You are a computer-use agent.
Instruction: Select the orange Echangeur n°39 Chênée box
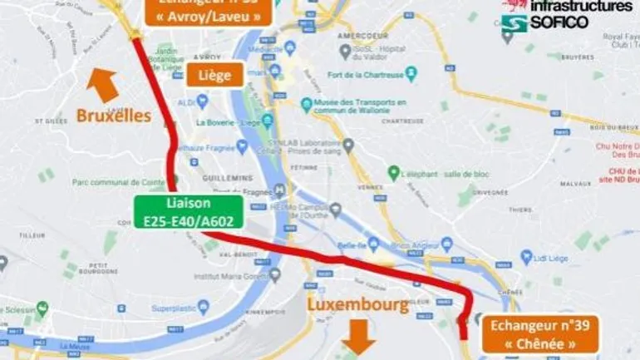pos(539,332)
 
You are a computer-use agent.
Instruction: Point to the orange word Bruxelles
pos(114,116)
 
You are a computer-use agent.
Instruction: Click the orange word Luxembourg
pos(358,304)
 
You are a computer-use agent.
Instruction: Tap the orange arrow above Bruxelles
pos(103,84)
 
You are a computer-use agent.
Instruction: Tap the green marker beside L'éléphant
pos(394,173)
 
